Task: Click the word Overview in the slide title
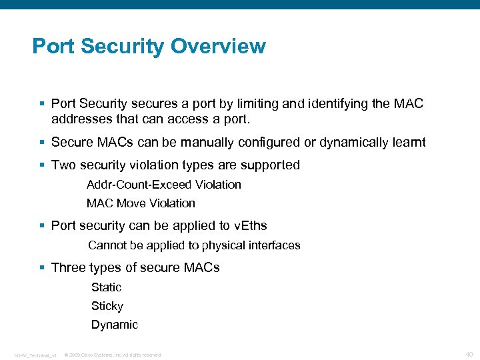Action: tap(218, 47)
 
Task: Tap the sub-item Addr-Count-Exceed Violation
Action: tap(163, 185)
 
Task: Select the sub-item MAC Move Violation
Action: tap(141, 203)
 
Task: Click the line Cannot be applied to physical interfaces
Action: tap(194, 245)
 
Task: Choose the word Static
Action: tap(106, 287)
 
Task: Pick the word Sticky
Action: tap(107, 306)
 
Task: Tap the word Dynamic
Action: tap(115, 325)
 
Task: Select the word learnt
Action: tap(405, 143)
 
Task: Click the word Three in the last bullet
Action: tap(69, 268)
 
